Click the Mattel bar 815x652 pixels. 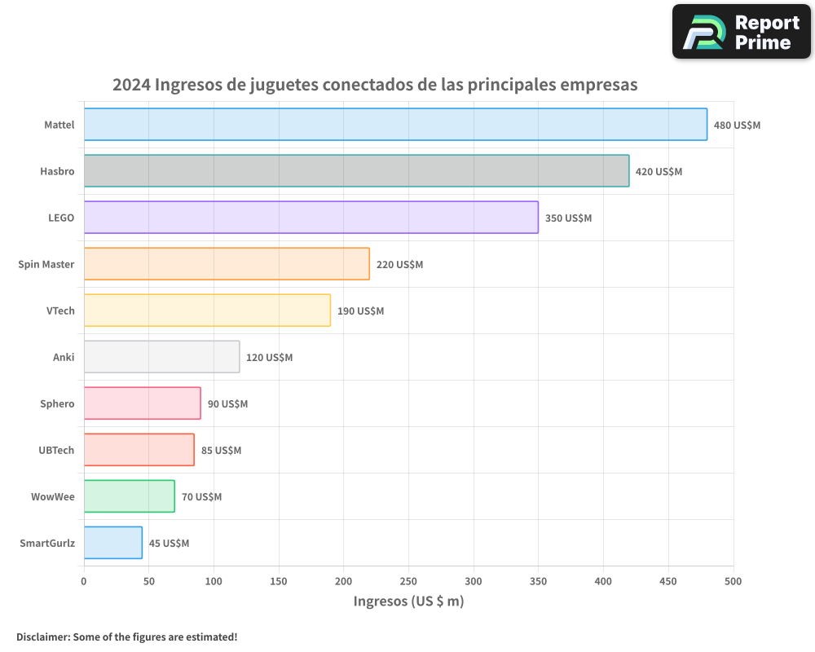395,125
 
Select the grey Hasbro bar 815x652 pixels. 356,171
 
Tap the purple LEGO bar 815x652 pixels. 311,218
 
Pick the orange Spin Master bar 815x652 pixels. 227,264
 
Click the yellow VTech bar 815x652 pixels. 207,311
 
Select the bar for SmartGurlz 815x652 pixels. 112,543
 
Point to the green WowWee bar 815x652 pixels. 129,496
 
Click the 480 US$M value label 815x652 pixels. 737,126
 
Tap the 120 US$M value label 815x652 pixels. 269,358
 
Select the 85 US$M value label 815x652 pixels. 221,451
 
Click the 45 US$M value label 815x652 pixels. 169,544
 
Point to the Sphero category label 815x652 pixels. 57,404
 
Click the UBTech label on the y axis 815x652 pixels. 56,451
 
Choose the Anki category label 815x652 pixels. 64,358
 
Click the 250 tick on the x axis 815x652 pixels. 408,581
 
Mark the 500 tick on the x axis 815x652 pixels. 733,581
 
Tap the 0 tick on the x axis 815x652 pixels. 84,581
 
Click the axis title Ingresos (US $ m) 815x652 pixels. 408,601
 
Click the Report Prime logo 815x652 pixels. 741,32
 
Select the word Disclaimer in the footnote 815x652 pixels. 42,637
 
